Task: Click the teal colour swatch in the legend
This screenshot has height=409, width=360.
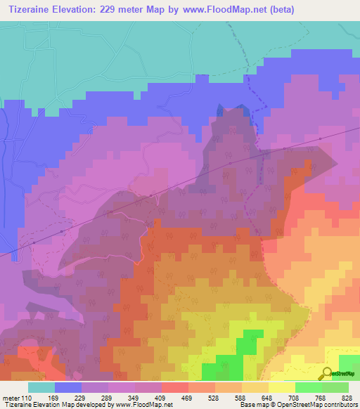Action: [x=41, y=387]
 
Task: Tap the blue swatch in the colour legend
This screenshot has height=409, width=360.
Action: [x=68, y=387]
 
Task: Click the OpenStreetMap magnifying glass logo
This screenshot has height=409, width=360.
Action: [x=326, y=373]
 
